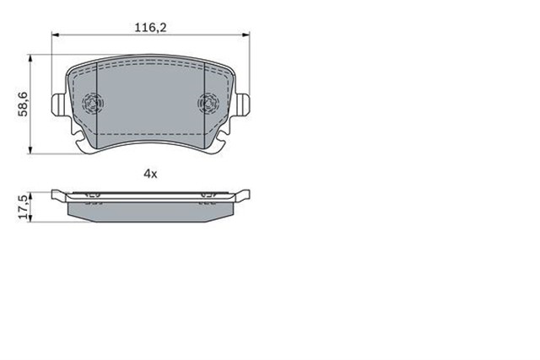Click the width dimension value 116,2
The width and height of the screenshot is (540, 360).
pos(150,28)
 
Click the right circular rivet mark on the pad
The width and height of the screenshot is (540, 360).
pos(207,104)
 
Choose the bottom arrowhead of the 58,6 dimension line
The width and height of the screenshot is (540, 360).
pos(32,149)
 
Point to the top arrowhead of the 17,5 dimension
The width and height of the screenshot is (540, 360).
pos(32,193)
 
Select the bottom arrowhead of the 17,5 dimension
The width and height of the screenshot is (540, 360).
pos(32,218)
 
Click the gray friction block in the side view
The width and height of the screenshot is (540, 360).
pos(150,208)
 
